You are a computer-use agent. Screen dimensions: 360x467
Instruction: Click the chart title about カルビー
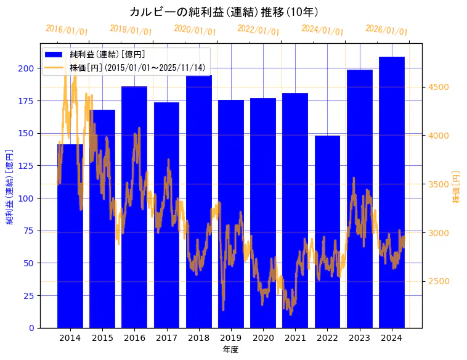click(x=224, y=12)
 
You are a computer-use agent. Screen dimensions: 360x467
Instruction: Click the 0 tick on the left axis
click(x=32, y=328)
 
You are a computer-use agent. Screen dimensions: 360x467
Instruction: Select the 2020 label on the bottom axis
click(x=263, y=338)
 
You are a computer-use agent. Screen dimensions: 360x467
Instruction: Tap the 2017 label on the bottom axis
click(x=166, y=338)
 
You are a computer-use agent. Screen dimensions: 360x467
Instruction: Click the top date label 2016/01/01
click(x=67, y=30)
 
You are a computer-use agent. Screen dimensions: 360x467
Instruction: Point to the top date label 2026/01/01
click(x=386, y=30)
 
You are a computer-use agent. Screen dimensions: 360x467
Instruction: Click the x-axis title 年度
click(x=230, y=350)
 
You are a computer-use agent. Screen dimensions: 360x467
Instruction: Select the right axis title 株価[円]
click(x=457, y=187)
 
